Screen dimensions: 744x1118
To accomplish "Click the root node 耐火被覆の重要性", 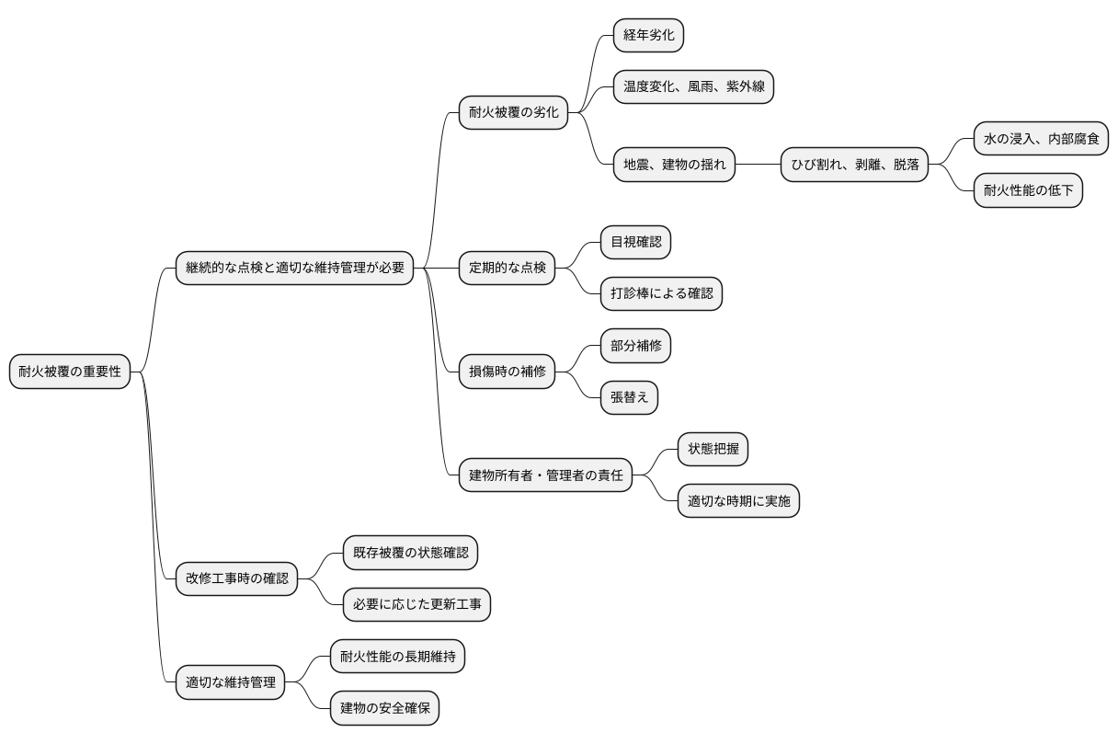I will [x=70, y=372].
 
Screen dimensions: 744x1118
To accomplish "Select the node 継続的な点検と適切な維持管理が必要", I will [x=294, y=269].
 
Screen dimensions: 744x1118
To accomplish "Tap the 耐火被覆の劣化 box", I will [x=513, y=113].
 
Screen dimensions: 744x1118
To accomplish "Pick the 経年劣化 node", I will [x=649, y=36].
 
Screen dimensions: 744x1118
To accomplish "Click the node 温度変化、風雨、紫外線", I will [x=693, y=87].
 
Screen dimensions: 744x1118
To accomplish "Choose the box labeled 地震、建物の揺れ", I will [x=674, y=166].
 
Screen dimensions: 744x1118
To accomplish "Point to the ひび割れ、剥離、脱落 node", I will [x=855, y=166].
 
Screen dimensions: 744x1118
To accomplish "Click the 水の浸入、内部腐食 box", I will [x=1041, y=140].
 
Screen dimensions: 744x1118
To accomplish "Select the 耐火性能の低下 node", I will [x=1028, y=191].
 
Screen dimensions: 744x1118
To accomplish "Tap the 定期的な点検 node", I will [x=507, y=269].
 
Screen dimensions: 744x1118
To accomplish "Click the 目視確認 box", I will [x=635, y=243].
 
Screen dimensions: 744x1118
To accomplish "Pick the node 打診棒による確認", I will [x=661, y=294].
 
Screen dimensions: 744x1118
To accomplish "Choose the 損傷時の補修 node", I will [x=507, y=372].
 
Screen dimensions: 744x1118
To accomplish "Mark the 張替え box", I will [x=629, y=398].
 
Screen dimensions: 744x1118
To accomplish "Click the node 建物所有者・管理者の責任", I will [x=545, y=475].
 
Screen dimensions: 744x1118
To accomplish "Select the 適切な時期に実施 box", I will [x=738, y=501].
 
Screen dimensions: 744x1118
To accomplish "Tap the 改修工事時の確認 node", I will [x=236, y=579].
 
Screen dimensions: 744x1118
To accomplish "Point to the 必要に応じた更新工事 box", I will [x=416, y=605].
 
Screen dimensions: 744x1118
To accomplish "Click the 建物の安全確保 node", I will [x=390, y=708].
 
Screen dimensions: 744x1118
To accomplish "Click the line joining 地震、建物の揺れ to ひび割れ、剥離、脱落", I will [x=759, y=166].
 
